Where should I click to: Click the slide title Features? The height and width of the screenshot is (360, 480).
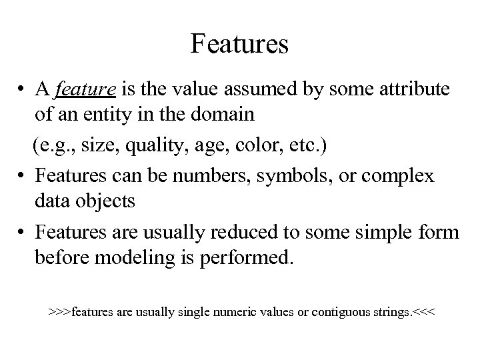click(x=239, y=44)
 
